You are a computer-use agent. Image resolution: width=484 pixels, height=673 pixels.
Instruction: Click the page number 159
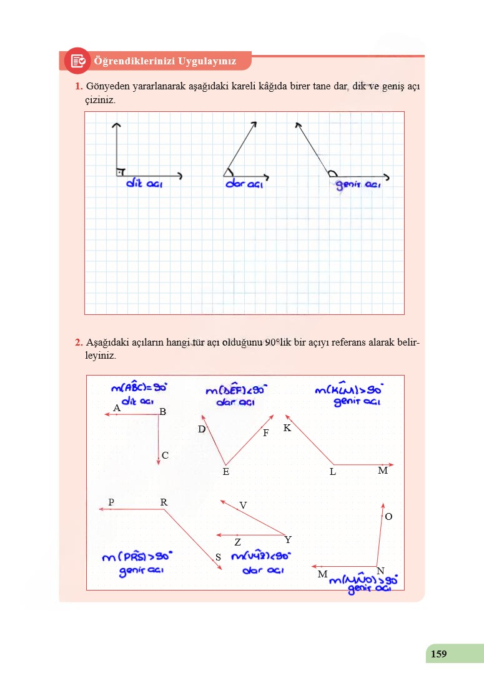pos(438,654)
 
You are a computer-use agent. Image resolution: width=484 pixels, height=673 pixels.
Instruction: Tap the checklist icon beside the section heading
pos(77,61)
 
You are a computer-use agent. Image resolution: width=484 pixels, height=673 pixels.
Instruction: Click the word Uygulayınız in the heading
pos(207,61)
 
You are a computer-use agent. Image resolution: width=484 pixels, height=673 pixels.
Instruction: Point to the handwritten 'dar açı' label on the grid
pos(244,185)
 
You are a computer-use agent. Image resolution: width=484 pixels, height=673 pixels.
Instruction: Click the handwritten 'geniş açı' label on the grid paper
pos(358,185)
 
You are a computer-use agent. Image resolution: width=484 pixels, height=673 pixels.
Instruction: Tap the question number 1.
pos(79,86)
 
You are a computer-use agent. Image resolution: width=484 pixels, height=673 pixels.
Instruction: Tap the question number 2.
pos(79,342)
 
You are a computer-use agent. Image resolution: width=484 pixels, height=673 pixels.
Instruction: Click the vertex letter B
pos(162,412)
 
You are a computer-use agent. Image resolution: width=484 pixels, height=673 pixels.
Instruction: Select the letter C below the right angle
pos(165,456)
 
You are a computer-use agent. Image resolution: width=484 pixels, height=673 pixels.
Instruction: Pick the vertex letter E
pos(225,472)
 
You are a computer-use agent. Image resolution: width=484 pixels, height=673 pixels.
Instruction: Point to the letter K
pos(287,428)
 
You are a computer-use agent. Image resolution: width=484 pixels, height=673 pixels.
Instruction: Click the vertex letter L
pos(333,472)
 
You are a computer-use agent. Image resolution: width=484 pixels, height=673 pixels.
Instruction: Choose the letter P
pos(111,502)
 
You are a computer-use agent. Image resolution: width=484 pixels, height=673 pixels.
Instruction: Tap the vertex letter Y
pos(287,539)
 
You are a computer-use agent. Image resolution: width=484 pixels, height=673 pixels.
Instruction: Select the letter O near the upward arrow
pos(388,517)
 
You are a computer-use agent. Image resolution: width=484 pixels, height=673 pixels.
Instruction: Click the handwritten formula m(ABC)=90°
pos(139,388)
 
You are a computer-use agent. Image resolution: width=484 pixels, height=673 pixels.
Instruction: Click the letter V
pos(243,505)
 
